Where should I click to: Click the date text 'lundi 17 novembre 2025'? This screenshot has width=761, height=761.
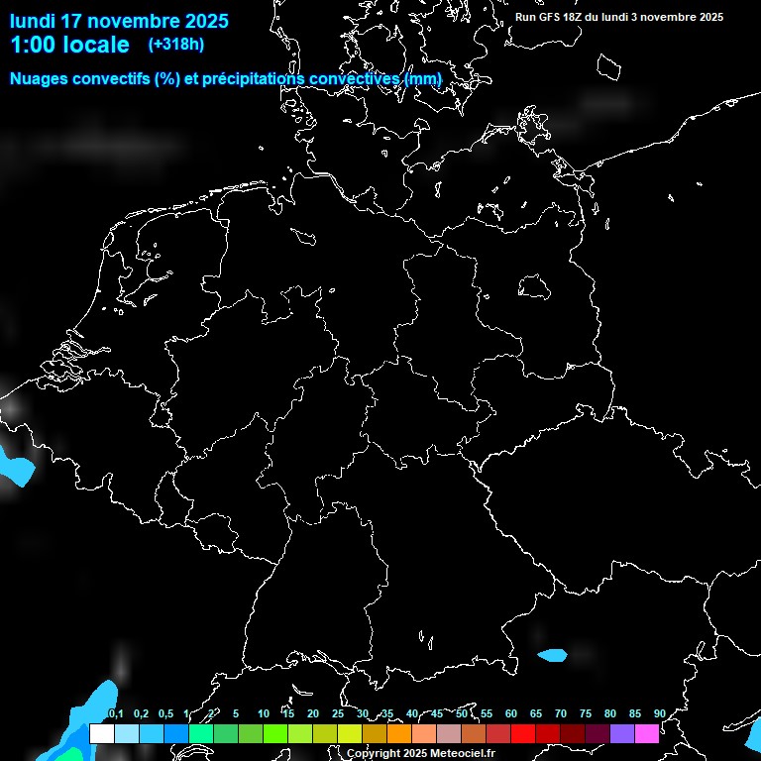(119, 21)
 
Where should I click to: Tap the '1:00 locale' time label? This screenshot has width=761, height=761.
(69, 45)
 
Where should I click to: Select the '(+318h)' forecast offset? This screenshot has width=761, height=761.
(176, 45)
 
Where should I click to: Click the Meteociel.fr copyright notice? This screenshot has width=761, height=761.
(420, 753)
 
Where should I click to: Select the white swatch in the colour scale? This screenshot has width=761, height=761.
(101, 734)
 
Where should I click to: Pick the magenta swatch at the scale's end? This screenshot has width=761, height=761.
(647, 734)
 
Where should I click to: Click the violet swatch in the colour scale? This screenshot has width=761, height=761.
(622, 734)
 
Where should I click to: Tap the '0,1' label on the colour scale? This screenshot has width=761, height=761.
(116, 714)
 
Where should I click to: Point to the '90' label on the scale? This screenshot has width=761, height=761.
(659, 714)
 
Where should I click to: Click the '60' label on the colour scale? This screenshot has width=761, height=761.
(510, 714)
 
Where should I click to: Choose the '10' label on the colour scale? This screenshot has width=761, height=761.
(263, 714)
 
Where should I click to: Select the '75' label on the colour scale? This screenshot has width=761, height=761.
(585, 714)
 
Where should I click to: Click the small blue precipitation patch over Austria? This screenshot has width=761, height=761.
(552, 655)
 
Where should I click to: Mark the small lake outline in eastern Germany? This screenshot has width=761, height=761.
(534, 286)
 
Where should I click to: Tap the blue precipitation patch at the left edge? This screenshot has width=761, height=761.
(12, 466)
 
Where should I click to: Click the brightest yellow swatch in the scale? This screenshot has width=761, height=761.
(349, 734)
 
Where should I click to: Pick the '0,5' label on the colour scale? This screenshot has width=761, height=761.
(165, 714)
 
